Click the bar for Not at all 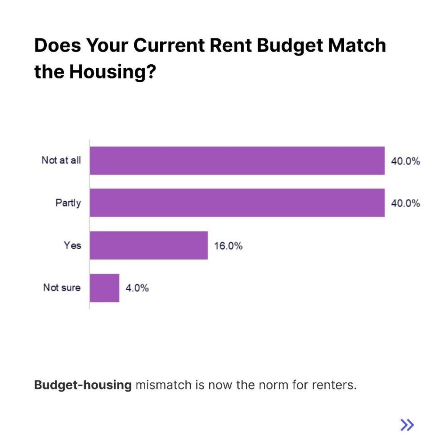(237, 161)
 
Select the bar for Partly (237, 203)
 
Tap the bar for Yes (149, 245)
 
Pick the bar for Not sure (105, 288)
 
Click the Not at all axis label (61, 161)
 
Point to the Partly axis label (68, 203)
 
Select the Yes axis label (73, 245)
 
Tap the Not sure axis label (62, 288)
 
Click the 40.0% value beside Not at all (406, 161)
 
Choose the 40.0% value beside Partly (406, 203)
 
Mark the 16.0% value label (228, 246)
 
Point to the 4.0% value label (137, 288)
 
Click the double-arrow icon (407, 424)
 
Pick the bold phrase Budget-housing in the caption (83, 385)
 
